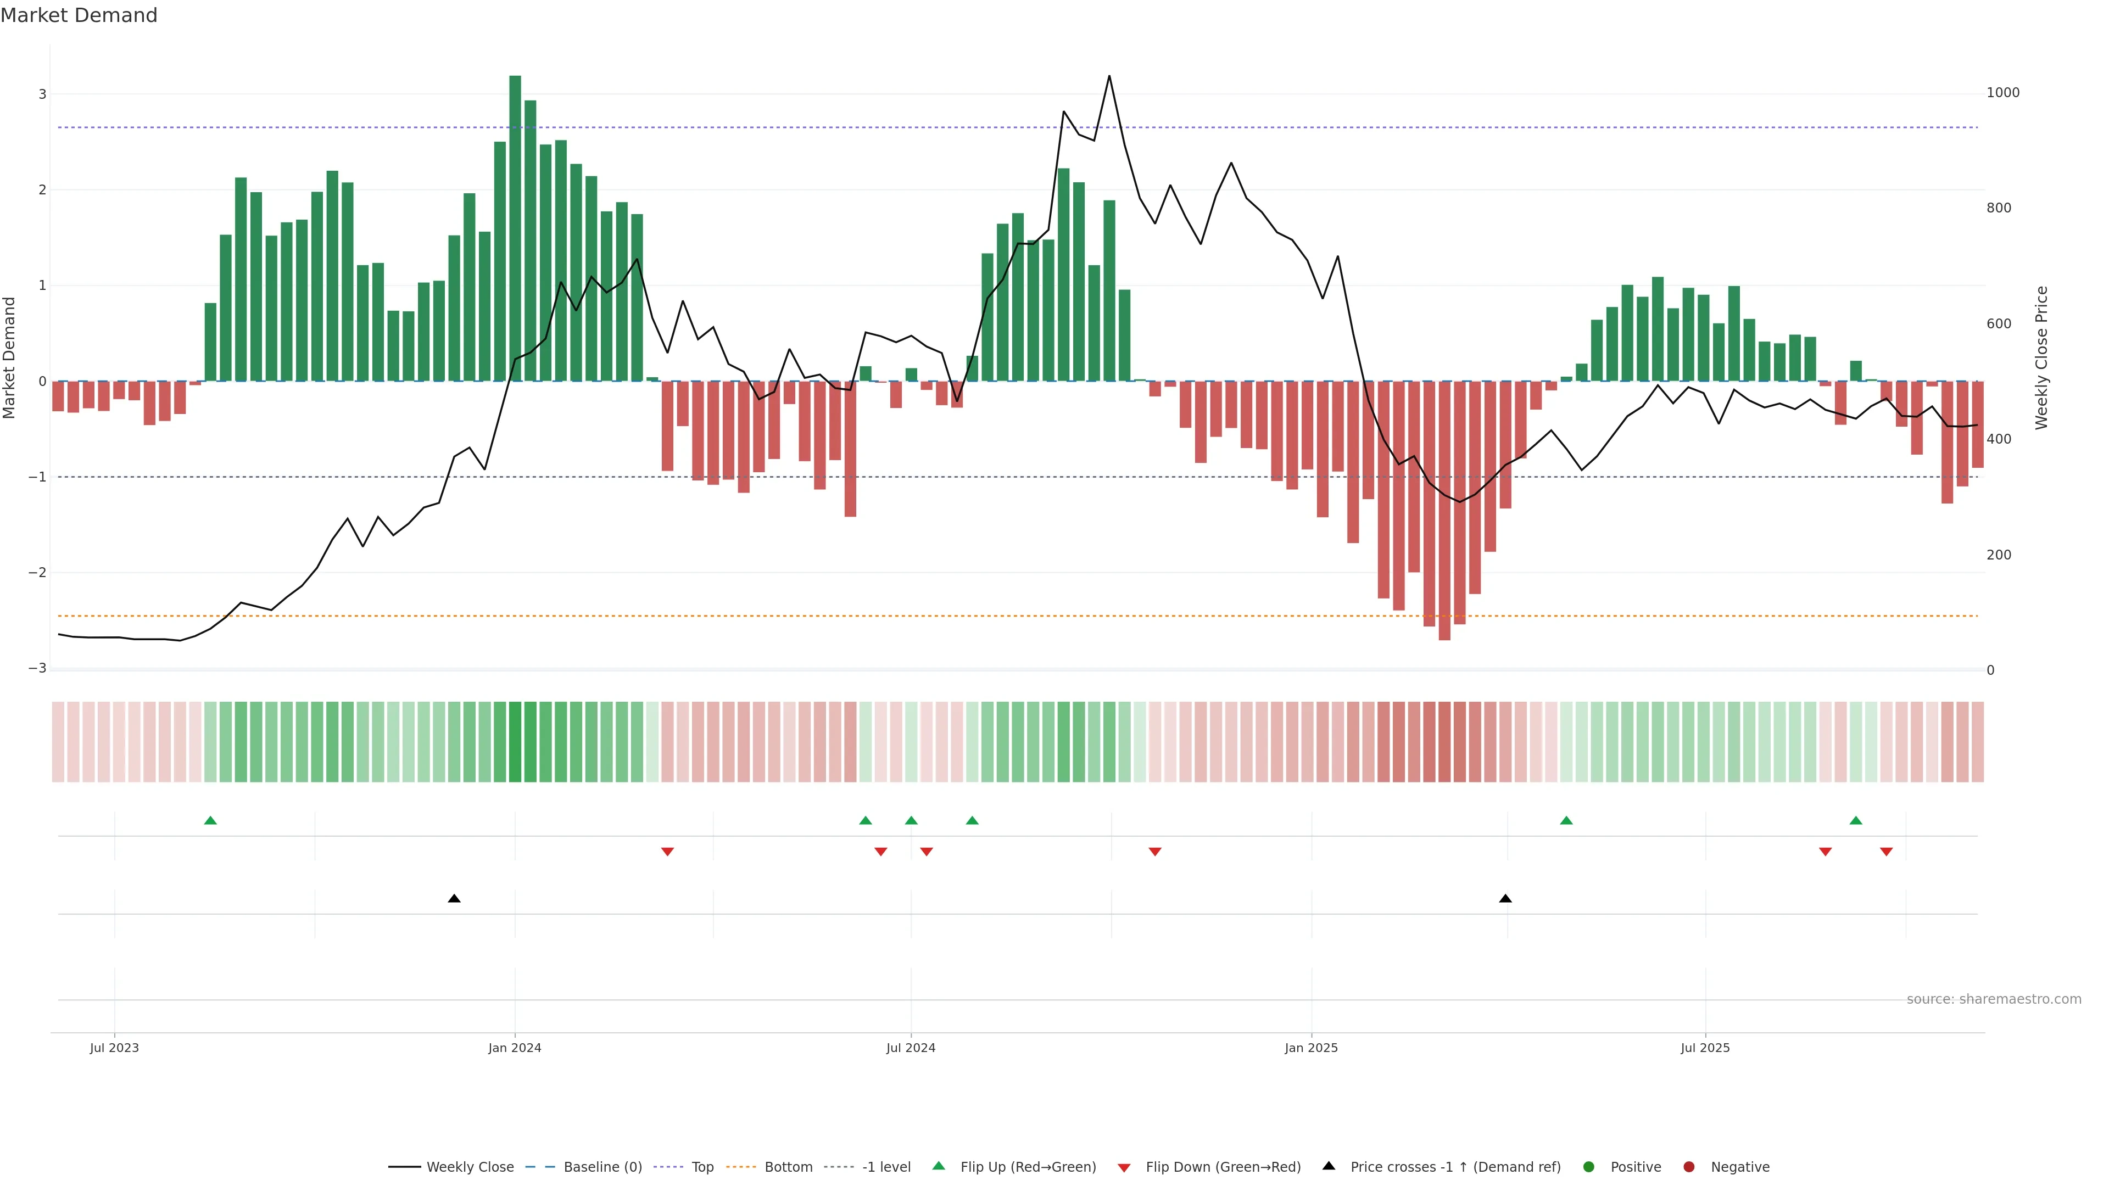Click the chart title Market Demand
pyautogui.click(x=79, y=15)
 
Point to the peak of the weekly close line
pyautogui.click(x=1109, y=76)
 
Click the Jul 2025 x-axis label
pyautogui.click(x=1705, y=1048)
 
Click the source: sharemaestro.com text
pyautogui.click(x=1994, y=999)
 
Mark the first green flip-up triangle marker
pyautogui.click(x=210, y=821)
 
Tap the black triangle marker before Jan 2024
pyautogui.click(x=454, y=899)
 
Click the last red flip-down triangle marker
pyautogui.click(x=1887, y=852)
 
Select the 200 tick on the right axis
pyautogui.click(x=1999, y=555)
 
